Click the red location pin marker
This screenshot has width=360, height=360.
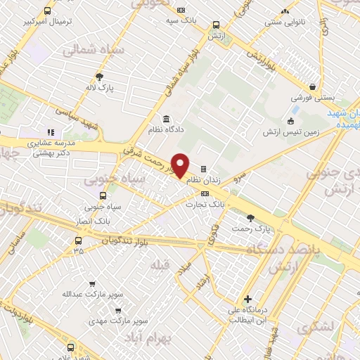pyautogui.click(x=181, y=166)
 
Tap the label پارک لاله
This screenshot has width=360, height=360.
pyautogui.click(x=100, y=89)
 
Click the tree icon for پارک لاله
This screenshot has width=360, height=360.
pyautogui.click(x=100, y=77)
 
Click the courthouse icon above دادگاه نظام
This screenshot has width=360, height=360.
pyautogui.click(x=165, y=118)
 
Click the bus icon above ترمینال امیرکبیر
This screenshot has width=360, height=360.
pyautogui.click(x=47, y=11)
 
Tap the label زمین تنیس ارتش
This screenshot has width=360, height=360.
pyautogui.click(x=290, y=132)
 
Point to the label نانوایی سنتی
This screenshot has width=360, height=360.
pyautogui.click(x=285, y=23)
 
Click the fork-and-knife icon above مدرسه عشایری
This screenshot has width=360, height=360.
pyautogui.click(x=50, y=131)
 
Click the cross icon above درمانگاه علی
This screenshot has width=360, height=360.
pyautogui.click(x=247, y=297)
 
